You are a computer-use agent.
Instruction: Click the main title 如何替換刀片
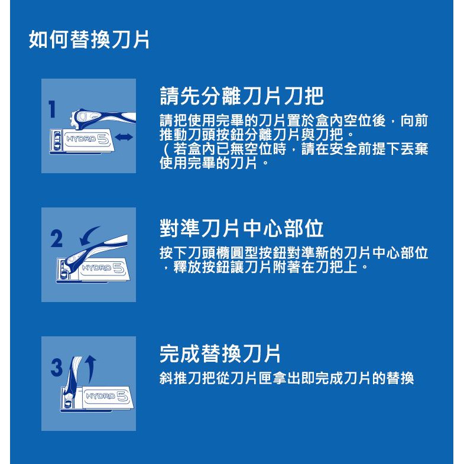89,40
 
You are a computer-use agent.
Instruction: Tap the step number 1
52,109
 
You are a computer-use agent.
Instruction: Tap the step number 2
57,239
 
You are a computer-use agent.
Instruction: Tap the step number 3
57,368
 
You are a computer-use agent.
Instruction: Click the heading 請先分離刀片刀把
242,96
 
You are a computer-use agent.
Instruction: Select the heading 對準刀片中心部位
242,228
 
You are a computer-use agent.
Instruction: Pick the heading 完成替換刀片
220,353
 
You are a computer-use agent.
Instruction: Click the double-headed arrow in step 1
124,137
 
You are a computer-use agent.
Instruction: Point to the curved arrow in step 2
88,236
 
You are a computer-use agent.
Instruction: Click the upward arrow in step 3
91,369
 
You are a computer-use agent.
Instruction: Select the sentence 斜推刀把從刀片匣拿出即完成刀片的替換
287,378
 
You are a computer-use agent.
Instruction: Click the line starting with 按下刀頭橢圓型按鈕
294,252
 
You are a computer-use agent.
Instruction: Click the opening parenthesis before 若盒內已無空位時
166,149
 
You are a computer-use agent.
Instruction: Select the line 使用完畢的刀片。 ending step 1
214,163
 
